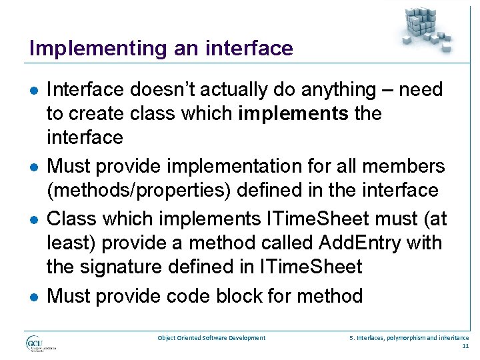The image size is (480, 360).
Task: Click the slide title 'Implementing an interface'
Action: tap(161, 48)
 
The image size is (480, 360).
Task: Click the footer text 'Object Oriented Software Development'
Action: tap(211, 338)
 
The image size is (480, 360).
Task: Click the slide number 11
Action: tap(465, 347)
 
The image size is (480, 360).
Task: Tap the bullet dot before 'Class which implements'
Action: tap(33, 219)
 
